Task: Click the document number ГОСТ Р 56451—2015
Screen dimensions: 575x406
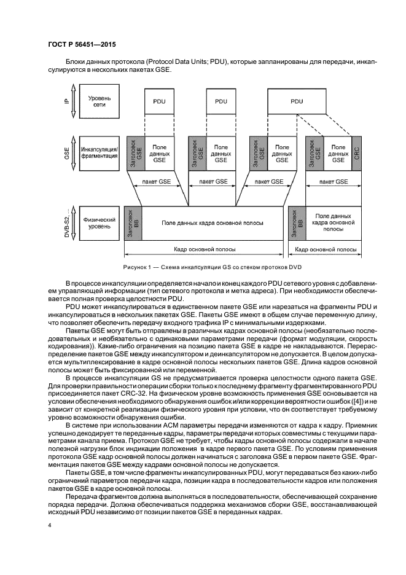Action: (x=82, y=44)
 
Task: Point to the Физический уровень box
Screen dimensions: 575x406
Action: (x=100, y=223)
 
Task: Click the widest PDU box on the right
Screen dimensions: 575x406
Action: (x=297, y=101)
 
